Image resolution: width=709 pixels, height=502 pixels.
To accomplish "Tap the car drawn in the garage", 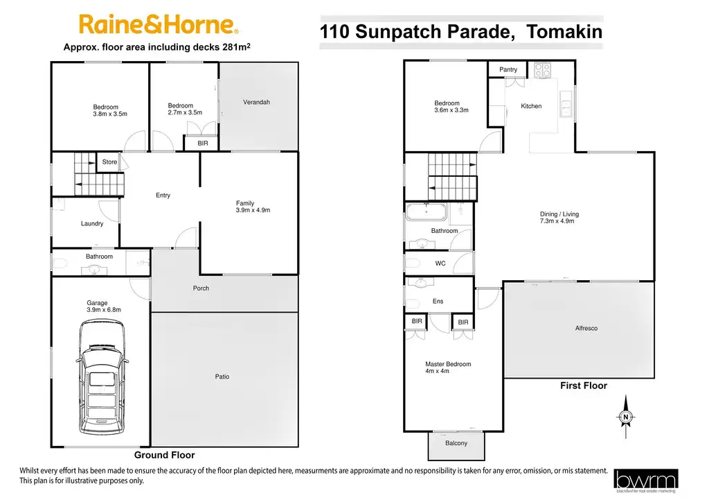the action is point(101,377).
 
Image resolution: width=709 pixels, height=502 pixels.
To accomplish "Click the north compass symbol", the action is point(626,417).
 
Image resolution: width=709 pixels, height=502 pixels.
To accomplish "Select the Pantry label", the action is point(508,69).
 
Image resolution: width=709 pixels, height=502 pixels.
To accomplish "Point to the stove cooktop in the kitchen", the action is point(542,69).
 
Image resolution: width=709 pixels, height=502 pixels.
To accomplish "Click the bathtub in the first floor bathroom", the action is point(427,212).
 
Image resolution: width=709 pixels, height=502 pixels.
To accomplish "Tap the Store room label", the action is point(109,162).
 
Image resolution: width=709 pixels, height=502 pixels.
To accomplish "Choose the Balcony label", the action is point(456,443).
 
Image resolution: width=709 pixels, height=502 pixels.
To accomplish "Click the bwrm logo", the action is point(646,481).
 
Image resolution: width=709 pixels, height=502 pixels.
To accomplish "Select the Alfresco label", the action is point(586,328).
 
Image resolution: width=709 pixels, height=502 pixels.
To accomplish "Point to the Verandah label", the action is point(256,102).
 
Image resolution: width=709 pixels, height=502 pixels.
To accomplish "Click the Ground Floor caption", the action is point(165,455).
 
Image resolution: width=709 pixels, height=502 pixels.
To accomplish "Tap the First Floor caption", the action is point(584,386).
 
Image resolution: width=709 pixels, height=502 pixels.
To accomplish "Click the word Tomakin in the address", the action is point(565,32).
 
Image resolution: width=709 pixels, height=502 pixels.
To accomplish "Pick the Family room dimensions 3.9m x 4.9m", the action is point(253,210).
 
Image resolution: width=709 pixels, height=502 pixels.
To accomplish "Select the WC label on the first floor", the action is point(440,263).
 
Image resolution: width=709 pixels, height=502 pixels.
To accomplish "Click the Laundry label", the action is point(92,224).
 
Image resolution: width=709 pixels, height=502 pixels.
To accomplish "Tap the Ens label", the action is point(438,301).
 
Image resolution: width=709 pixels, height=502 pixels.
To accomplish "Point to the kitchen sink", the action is point(566,104).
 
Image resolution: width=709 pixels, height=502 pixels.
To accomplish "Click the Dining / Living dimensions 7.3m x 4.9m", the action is point(557,221).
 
